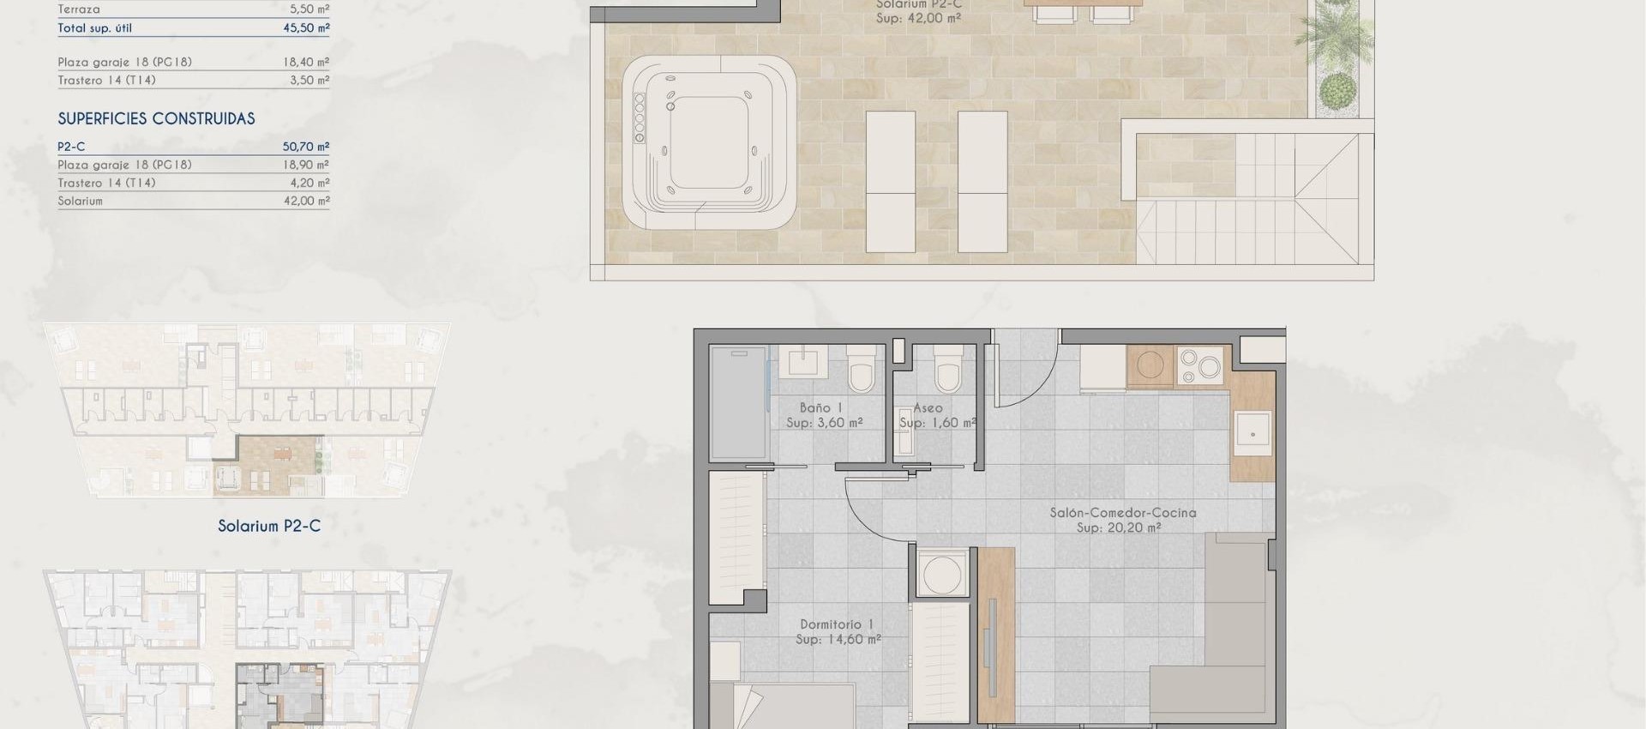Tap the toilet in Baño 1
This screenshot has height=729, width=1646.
click(x=860, y=371)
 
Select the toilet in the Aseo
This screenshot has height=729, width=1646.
click(x=948, y=371)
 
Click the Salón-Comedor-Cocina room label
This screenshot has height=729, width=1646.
click(x=1122, y=513)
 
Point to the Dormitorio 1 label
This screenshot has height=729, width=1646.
click(x=836, y=624)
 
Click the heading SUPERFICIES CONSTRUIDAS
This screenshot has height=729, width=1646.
click(x=156, y=119)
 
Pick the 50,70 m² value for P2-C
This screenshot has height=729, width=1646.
click(x=305, y=147)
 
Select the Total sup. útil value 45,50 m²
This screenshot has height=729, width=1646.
click(x=305, y=27)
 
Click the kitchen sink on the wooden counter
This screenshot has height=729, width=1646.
click(x=1252, y=434)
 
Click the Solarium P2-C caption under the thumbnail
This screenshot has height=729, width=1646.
click(x=268, y=526)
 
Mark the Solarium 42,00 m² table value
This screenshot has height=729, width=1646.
click(x=305, y=201)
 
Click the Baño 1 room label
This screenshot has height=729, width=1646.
click(x=820, y=408)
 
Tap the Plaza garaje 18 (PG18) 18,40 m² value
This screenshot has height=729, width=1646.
click(x=305, y=62)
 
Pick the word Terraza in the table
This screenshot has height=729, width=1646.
click(x=79, y=9)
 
